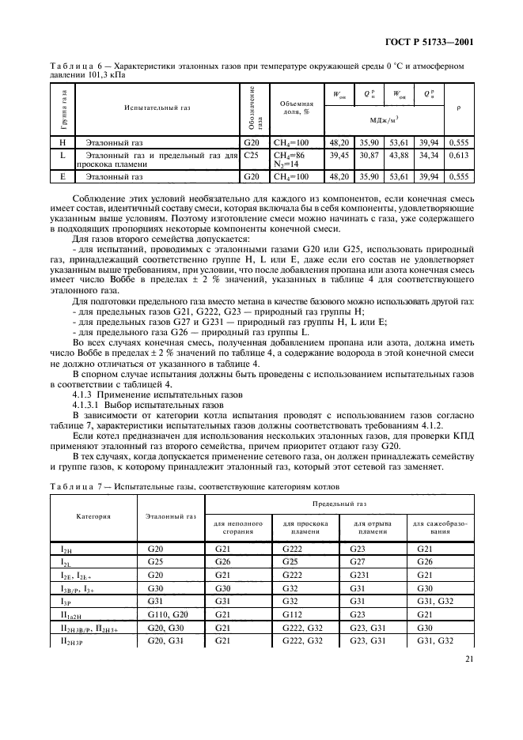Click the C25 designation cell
(253, 158)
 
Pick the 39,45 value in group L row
(339, 158)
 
